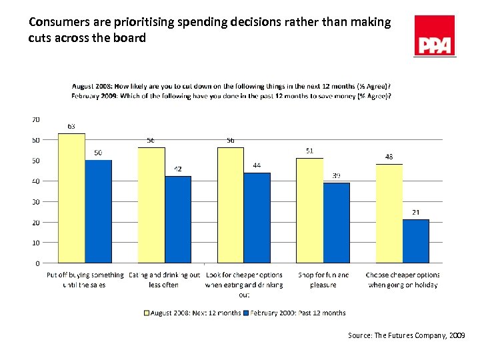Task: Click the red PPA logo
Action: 435,36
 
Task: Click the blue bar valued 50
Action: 98,211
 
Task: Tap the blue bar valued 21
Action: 416,241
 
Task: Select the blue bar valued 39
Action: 337,223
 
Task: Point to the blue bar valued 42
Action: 178,219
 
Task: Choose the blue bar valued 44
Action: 257,217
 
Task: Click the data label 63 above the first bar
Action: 71,126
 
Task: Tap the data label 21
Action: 415,213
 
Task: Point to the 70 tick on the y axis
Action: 35,119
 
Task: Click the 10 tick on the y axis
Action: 35,243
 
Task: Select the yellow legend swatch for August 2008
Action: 147,313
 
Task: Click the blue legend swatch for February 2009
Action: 245,313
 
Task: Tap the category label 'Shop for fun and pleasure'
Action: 323,280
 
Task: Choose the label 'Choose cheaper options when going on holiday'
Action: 403,280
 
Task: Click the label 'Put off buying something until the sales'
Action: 85,280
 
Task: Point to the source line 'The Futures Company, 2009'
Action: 406,336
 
